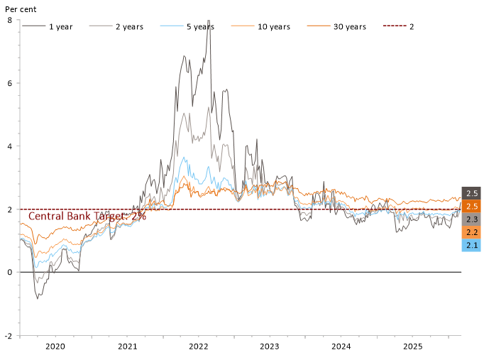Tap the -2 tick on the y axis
pos(7,335)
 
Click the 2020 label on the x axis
pos(55,347)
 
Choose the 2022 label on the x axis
pos(198,347)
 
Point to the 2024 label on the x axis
pos(341,347)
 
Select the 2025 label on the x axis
pos(413,347)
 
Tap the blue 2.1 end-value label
pos(471,245)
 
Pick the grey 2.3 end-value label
pos(471,219)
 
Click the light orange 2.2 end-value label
pos(471,232)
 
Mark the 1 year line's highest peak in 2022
pos(209,21)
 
